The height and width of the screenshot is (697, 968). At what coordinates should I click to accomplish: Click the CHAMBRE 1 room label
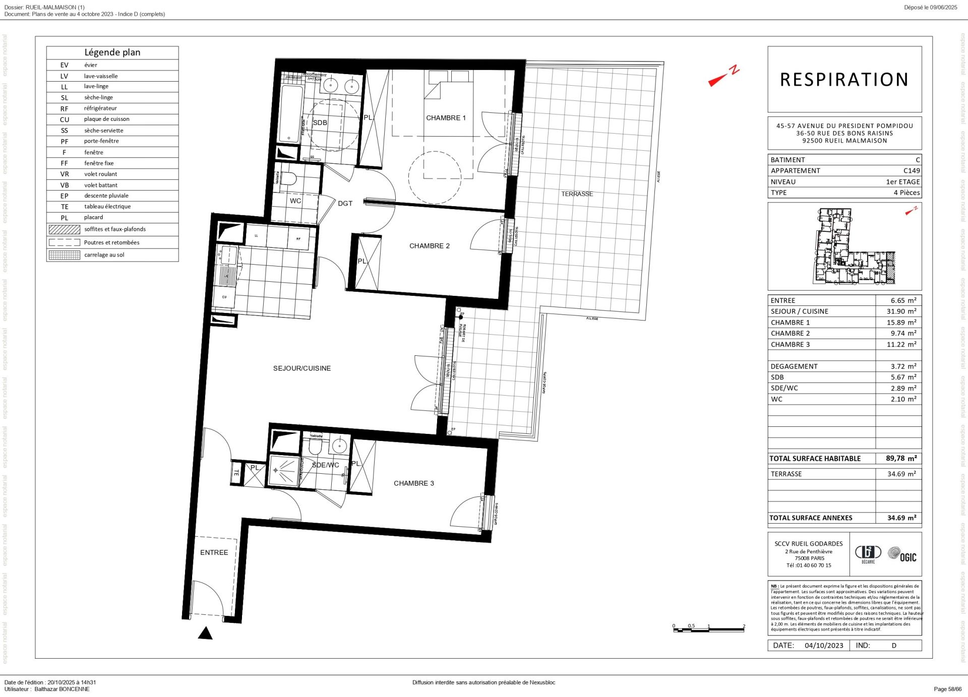coord(446,118)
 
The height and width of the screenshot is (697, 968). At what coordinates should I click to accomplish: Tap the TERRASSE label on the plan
coord(577,194)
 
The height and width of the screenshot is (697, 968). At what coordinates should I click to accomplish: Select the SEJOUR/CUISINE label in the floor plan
coord(302,368)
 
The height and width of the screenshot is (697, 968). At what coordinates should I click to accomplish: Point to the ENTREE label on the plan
coord(214,553)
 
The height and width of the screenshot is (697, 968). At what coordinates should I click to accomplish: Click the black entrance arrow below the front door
coord(205,633)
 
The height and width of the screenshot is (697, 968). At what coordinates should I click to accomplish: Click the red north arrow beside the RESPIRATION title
coord(723,77)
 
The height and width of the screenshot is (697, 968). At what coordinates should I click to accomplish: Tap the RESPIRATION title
coord(844,80)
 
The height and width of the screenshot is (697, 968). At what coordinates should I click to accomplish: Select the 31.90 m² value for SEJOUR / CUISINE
coord(901,311)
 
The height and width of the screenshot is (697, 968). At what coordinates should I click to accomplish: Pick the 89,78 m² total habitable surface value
coord(901,459)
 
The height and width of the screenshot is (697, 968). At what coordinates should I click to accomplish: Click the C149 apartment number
coord(911,171)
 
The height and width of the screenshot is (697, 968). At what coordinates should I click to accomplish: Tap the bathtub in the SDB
coord(290,114)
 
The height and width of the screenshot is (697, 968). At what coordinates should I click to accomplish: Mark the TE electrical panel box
coord(236,473)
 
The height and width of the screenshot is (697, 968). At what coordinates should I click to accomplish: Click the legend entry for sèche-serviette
coord(103,131)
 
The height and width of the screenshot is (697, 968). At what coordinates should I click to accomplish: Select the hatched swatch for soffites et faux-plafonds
coord(64,230)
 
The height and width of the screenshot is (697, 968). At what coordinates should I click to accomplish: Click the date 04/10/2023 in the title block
coord(824,646)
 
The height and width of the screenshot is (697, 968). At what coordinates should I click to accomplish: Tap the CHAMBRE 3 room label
coord(413,483)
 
